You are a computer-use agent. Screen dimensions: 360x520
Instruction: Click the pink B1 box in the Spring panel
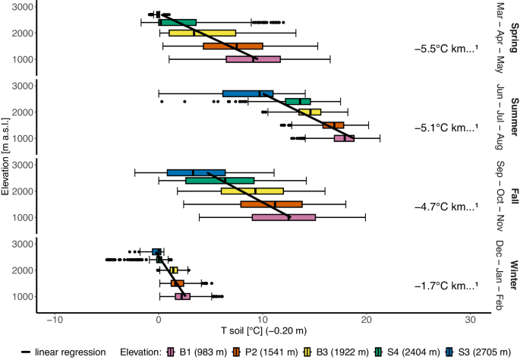coord(253,59)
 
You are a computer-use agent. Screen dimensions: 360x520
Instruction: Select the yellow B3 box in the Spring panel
coord(202,33)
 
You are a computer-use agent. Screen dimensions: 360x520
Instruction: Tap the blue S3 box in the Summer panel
coord(247,93)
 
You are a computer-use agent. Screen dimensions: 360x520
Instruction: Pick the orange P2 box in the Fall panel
coord(271,204)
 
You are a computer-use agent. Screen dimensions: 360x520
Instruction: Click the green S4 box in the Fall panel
coord(219,181)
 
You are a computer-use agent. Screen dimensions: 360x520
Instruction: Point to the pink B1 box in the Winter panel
coord(182,296)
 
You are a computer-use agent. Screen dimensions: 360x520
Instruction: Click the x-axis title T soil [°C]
coord(263,331)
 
